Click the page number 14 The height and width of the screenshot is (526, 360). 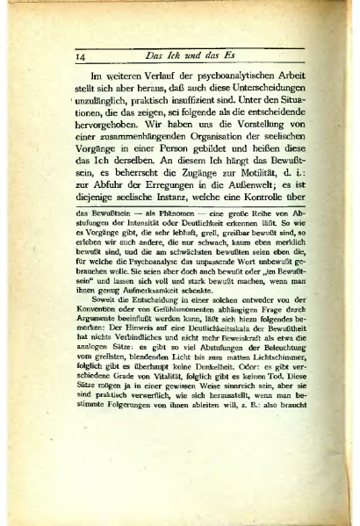[x=79, y=59]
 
